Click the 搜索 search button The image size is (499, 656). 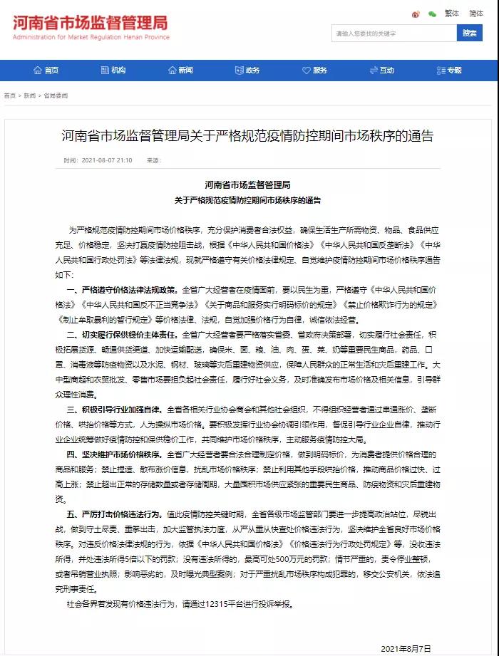(469, 33)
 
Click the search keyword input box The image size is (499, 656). (393, 33)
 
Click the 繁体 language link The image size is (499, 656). (452, 13)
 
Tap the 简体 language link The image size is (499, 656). (476, 13)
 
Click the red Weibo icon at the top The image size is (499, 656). (416, 14)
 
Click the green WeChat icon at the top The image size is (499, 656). (432, 14)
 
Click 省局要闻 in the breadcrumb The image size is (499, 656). (56, 95)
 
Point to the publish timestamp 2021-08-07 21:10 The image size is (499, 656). (106, 160)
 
